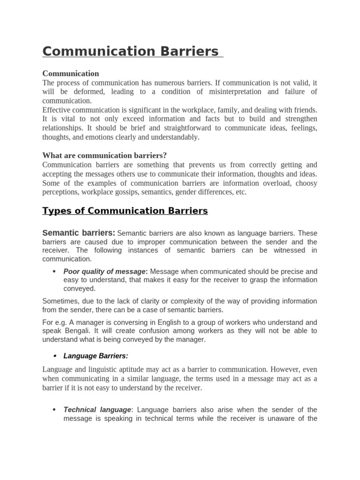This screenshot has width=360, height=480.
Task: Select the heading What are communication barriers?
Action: click(x=105, y=155)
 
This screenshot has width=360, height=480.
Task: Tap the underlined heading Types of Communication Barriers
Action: click(x=125, y=211)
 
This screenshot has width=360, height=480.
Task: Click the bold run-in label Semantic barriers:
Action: click(x=79, y=233)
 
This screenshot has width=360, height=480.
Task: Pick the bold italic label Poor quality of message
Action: click(x=105, y=271)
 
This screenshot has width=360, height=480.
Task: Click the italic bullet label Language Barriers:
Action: click(x=96, y=356)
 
